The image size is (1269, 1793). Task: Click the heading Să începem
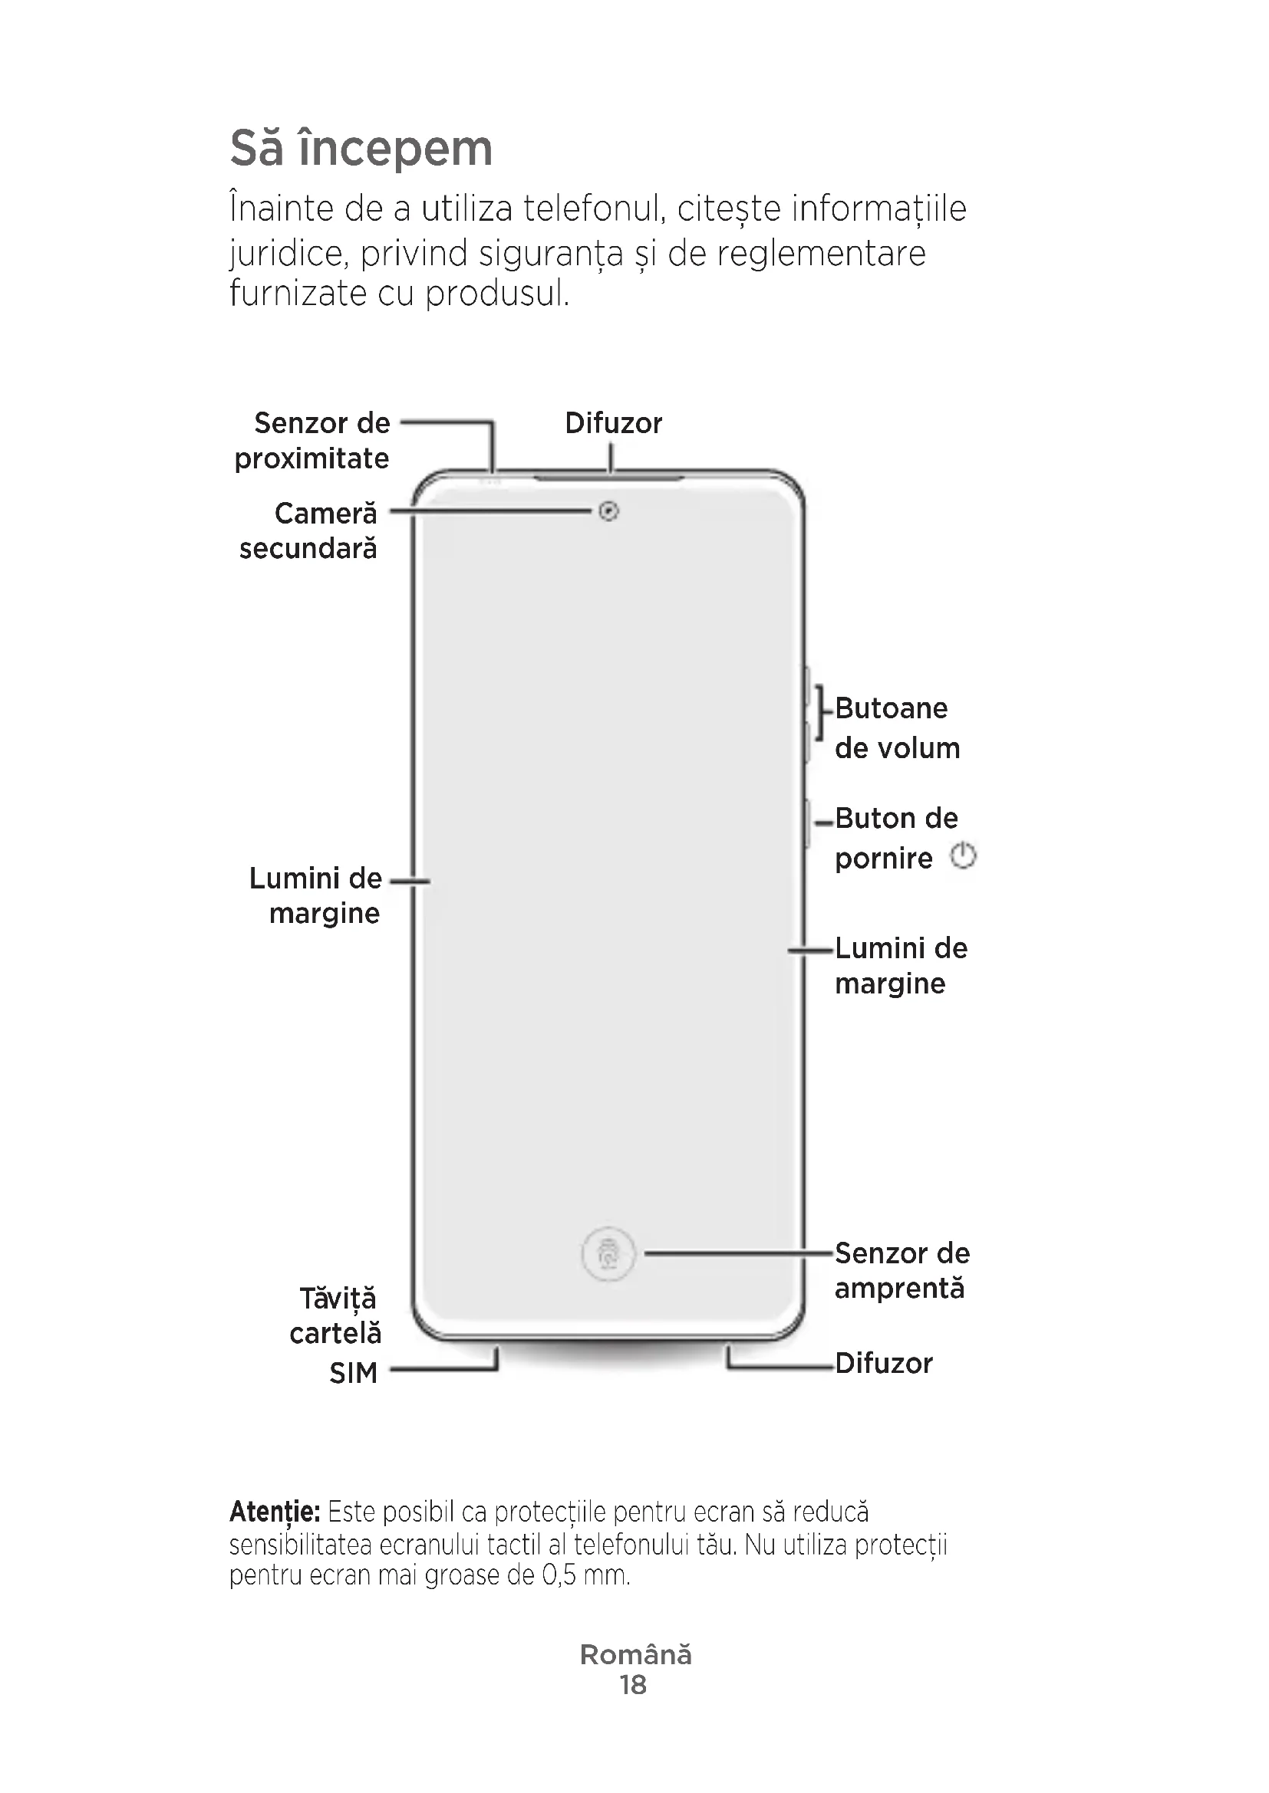[361, 149]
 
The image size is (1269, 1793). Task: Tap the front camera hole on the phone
[608, 511]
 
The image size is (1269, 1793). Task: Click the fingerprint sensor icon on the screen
[608, 1254]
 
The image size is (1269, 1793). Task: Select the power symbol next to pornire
[963, 857]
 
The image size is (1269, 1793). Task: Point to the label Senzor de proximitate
[312, 441]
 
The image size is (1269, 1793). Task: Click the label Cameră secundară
[308, 531]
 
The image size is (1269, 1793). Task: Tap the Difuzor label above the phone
[614, 423]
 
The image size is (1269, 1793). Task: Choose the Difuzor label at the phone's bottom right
[884, 1363]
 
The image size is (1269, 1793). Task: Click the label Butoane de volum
[897, 727]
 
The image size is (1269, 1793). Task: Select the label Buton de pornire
[895, 838]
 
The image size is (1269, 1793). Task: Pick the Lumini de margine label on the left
[315, 895]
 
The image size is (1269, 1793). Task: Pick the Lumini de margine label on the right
[900, 965]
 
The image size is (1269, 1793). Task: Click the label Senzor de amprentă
[901, 1269]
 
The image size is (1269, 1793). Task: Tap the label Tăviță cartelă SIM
[337, 1335]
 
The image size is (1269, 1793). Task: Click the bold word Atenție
[274, 1512]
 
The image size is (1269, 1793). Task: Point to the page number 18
[634, 1685]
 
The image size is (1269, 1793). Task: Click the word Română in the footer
[635, 1655]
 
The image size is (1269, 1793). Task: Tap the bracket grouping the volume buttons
[819, 712]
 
